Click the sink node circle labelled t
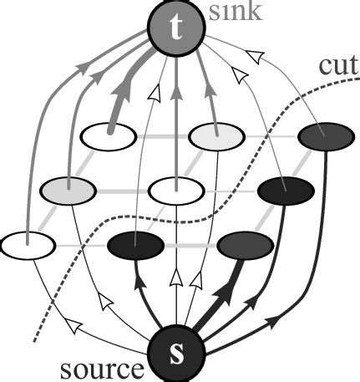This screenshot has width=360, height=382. coord(174,28)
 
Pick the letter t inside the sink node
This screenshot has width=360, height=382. coord(174,28)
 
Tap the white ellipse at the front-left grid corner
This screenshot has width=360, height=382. coord(28,246)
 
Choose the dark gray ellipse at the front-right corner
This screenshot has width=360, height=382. coord(245,246)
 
